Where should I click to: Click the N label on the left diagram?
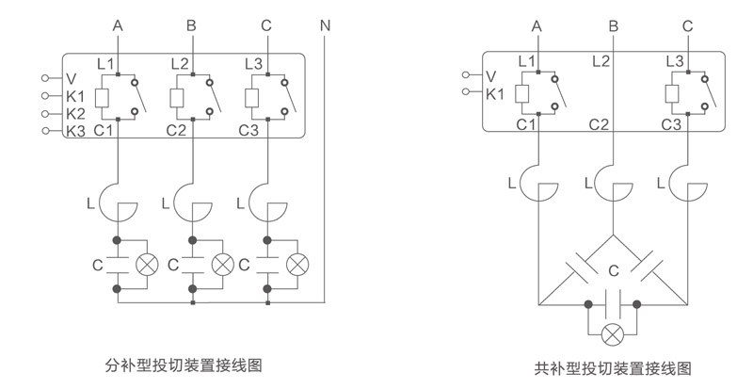pyautogui.click(x=325, y=25)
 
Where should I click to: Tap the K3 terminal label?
pyautogui.click(x=77, y=131)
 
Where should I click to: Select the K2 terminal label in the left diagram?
pyautogui.click(x=77, y=113)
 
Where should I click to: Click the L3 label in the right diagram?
pyautogui.click(x=674, y=60)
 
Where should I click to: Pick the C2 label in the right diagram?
pyautogui.click(x=601, y=124)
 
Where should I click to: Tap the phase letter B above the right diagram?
pyautogui.click(x=613, y=25)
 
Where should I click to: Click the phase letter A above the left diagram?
pyautogui.click(x=118, y=25)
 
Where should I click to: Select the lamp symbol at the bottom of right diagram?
pyautogui.click(x=613, y=332)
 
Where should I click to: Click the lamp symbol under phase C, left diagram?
pyautogui.click(x=297, y=264)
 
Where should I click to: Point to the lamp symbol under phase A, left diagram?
pyautogui.click(x=147, y=264)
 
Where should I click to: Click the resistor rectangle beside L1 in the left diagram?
pyautogui.click(x=103, y=97)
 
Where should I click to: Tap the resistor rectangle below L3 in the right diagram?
pyautogui.click(x=672, y=92)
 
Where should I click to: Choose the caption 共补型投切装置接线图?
pyautogui.click(x=613, y=367)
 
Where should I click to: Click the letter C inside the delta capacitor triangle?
pyautogui.click(x=613, y=272)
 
